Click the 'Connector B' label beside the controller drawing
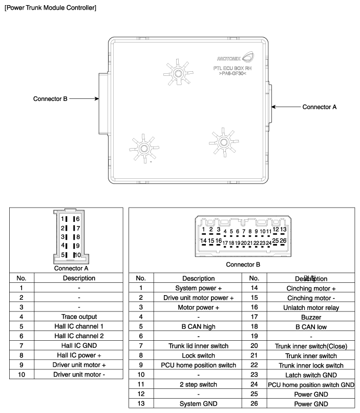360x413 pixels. pos(50,99)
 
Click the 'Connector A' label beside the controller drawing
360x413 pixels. pos(320,107)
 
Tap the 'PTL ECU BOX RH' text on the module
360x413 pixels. pos(232,68)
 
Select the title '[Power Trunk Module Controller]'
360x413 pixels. pos(50,8)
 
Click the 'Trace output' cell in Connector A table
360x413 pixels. pos(79,317)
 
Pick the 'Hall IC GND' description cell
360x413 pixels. pos(79,346)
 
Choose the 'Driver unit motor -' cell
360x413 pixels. pos(79,375)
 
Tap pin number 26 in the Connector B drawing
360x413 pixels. pos(283,240)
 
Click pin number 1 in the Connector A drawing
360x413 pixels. pos(62,219)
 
